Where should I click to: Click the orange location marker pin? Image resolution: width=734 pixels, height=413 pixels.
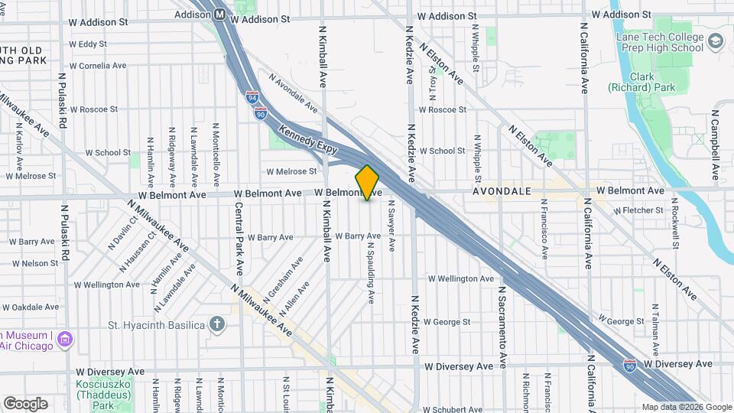[x=367, y=183]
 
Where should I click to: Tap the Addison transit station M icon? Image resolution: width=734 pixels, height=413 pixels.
[x=219, y=14]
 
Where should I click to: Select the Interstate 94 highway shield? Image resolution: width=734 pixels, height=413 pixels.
[x=253, y=98]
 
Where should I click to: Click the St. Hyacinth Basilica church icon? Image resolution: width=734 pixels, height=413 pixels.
[x=218, y=324]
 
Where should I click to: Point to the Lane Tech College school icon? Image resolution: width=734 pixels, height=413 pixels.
[x=716, y=41]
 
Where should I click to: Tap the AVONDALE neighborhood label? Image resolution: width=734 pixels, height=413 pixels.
[x=502, y=190]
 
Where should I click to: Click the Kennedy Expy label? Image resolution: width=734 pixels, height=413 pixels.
[x=308, y=141]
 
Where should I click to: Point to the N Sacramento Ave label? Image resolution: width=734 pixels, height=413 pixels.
[x=503, y=327]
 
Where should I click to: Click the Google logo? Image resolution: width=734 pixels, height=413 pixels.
[x=24, y=404]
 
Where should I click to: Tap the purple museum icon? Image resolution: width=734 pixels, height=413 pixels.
[x=66, y=338]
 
